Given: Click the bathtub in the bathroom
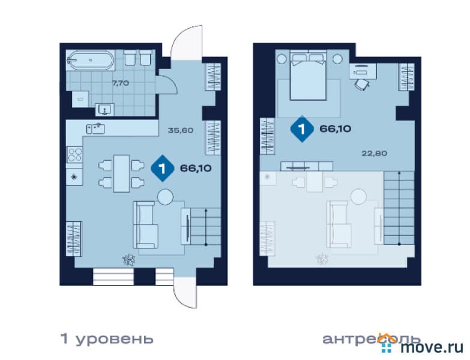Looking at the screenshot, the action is pyautogui.click(x=90, y=60).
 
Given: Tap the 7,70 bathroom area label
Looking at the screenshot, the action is pyautogui.click(x=121, y=83).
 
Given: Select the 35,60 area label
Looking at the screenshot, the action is pyautogui.click(x=181, y=130).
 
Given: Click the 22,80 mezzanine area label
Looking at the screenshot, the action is pyautogui.click(x=375, y=154).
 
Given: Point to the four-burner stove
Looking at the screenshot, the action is pyautogui.click(x=74, y=155).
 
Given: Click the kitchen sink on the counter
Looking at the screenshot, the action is pyautogui.click(x=95, y=129).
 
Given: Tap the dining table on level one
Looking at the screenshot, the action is pyautogui.click(x=121, y=173).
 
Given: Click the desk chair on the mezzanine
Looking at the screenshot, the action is pyautogui.click(x=363, y=85).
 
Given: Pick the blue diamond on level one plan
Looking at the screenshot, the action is pyautogui.click(x=163, y=169).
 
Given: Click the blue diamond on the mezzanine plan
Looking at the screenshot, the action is pyautogui.click(x=302, y=129).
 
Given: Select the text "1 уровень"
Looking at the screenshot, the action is pyautogui.click(x=107, y=340).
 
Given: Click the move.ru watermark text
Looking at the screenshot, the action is pyautogui.click(x=432, y=347).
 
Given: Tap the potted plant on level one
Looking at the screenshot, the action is pyautogui.click(x=129, y=259).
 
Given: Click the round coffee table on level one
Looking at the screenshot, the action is pyautogui.click(x=165, y=197).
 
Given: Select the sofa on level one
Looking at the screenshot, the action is pyautogui.click(x=146, y=224).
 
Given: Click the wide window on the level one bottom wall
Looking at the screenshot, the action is pyautogui.click(x=113, y=277).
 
